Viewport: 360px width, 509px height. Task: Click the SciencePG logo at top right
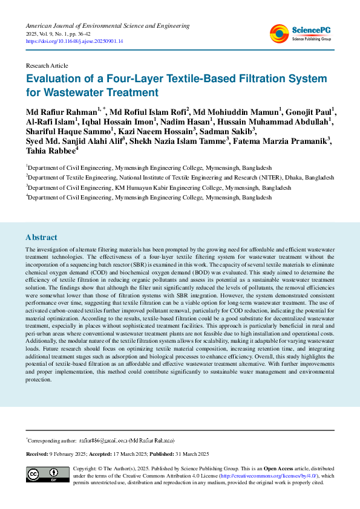coord(301,33)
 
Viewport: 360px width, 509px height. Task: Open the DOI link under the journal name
coord(74,41)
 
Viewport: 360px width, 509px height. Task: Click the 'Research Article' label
coord(47,65)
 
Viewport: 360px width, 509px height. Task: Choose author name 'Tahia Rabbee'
coord(50,151)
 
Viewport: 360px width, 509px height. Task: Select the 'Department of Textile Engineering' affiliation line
coord(180,177)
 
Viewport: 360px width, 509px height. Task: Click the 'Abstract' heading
coord(42,238)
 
